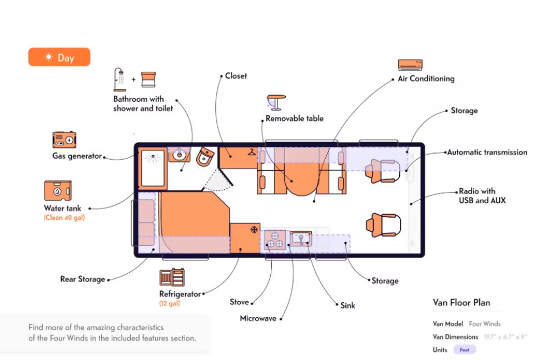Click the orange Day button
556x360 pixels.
pos(59,57)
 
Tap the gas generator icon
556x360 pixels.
pos(64,140)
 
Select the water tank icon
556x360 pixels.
pos(59,190)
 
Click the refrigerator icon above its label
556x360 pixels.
pos(172,278)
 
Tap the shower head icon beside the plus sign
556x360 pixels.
pos(120,79)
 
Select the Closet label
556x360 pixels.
pos(236,76)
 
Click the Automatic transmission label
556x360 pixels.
pos(487,152)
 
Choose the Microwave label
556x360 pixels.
pos(258,318)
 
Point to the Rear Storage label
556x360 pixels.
pos(82,279)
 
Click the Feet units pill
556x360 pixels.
pos(464,350)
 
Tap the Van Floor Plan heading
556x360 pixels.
pos(461,303)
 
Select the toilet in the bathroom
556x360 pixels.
pos(204,157)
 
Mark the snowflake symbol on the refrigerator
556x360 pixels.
pos(254,229)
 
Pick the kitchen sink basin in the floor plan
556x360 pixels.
pos(300,239)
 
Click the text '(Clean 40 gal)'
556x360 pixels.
pos(64,218)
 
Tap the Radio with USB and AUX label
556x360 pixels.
pos(482,196)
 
